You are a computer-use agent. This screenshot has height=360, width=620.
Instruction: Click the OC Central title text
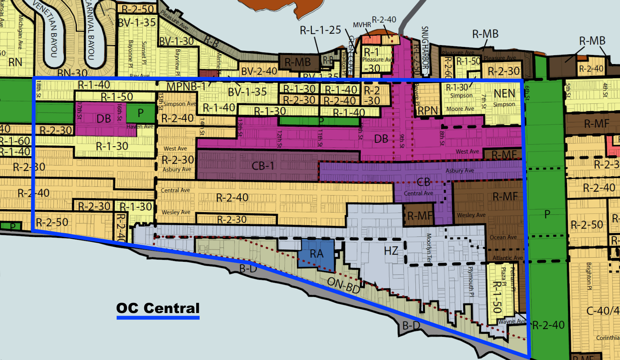[x=158, y=308]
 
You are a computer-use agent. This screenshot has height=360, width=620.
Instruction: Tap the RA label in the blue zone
[x=317, y=254]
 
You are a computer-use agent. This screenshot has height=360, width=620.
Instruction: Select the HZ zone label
[x=391, y=250]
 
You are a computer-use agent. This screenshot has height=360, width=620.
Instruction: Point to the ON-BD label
[x=344, y=285]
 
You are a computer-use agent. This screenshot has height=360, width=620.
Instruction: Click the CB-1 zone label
[x=262, y=166]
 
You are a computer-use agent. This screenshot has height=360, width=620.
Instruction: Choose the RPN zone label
[x=428, y=111]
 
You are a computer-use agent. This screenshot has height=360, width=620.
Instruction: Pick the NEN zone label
[x=504, y=93]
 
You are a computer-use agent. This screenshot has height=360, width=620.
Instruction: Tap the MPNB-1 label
[x=186, y=87]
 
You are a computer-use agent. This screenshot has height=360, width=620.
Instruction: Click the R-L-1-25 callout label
[x=320, y=30]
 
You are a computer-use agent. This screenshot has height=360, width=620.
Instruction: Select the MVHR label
[x=362, y=25]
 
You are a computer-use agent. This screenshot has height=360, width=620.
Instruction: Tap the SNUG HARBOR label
[x=425, y=47]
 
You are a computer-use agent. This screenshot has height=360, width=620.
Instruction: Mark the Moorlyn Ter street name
[x=429, y=248]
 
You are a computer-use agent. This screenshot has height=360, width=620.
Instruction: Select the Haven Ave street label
[x=140, y=127]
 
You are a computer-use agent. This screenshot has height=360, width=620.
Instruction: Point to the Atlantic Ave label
[x=508, y=258]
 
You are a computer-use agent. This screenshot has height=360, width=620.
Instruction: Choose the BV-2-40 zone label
[x=259, y=71]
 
